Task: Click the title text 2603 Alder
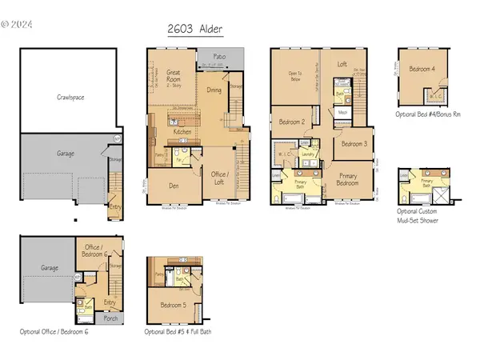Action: (x=195, y=30)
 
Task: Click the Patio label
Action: (x=218, y=58)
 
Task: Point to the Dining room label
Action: (x=214, y=90)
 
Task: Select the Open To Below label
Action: (x=294, y=78)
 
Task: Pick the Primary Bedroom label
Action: (x=348, y=180)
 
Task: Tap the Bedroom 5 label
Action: (x=173, y=305)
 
